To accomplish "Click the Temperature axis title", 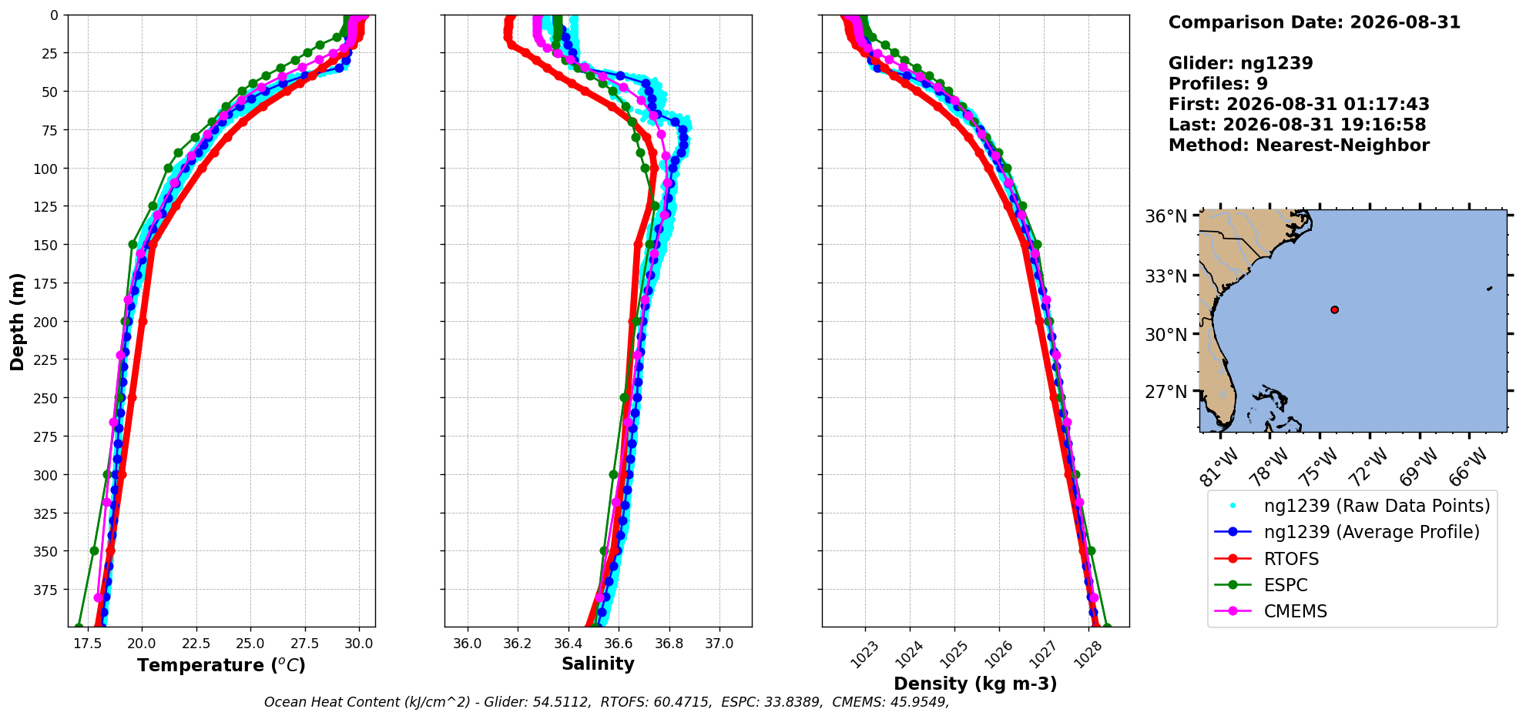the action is coord(222,665).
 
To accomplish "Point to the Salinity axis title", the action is coord(598,664).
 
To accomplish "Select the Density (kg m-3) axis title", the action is coord(975,684).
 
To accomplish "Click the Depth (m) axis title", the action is coord(17,321).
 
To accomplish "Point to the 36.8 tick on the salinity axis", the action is coord(669,643).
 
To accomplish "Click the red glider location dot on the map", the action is coord(1334,309).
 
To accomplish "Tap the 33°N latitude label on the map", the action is coord(1166,276).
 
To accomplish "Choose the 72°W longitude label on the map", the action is coord(1368,467).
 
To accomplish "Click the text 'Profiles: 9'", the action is coord(1218,84).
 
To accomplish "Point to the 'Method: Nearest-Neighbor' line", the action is coord(1299,145).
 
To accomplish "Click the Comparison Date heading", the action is coord(1314,22).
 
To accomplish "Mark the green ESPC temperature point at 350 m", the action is coord(94,550).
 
